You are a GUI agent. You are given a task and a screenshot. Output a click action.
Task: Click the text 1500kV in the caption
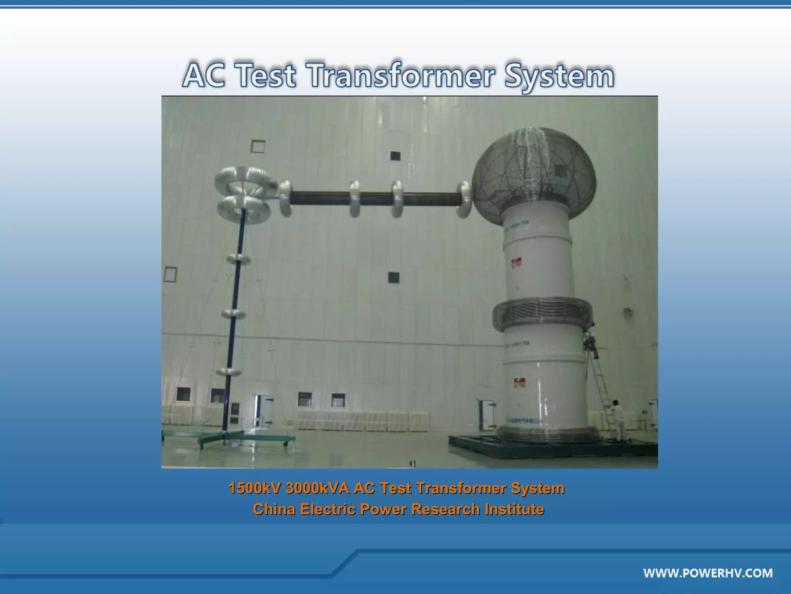tap(254, 488)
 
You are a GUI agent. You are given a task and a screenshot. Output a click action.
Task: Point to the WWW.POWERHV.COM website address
tap(708, 573)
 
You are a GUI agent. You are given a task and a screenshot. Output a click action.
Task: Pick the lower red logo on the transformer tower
tap(519, 383)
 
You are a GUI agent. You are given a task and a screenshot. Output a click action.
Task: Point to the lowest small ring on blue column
tap(229, 372)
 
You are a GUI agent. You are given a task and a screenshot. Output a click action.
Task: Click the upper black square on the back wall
tap(395, 156)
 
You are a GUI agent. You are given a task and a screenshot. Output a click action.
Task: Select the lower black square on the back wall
tap(394, 277)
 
